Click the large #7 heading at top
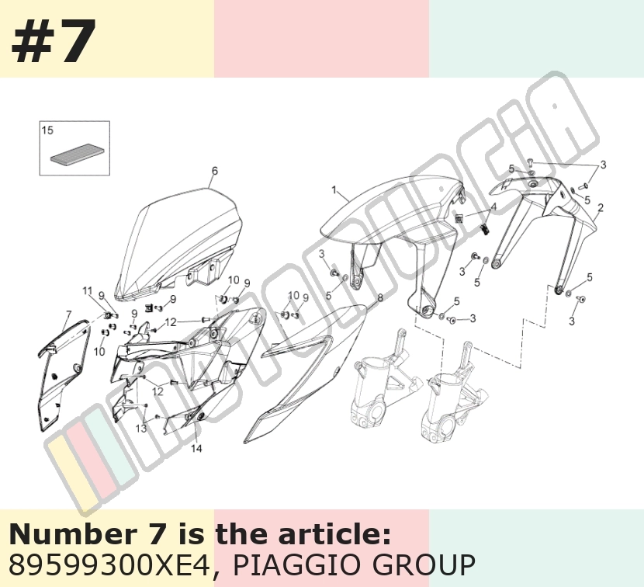pyautogui.click(x=54, y=41)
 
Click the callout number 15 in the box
pyautogui.click(x=47, y=130)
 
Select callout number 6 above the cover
pyautogui.click(x=214, y=171)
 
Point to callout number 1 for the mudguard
pyautogui.click(x=334, y=190)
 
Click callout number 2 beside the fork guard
pyautogui.click(x=601, y=208)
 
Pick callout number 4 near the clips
pyautogui.click(x=493, y=207)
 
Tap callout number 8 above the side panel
pyautogui.click(x=379, y=297)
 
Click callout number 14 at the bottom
pyautogui.click(x=196, y=449)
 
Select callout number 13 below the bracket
pyautogui.click(x=141, y=429)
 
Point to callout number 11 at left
pyautogui.click(x=87, y=291)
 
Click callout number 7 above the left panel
pyautogui.click(x=68, y=315)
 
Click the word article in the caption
pyautogui.click(x=334, y=534)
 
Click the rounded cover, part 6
pyautogui.click(x=178, y=243)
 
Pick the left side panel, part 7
pyautogui.click(x=64, y=374)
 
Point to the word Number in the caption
pyautogui.click(x=73, y=534)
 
